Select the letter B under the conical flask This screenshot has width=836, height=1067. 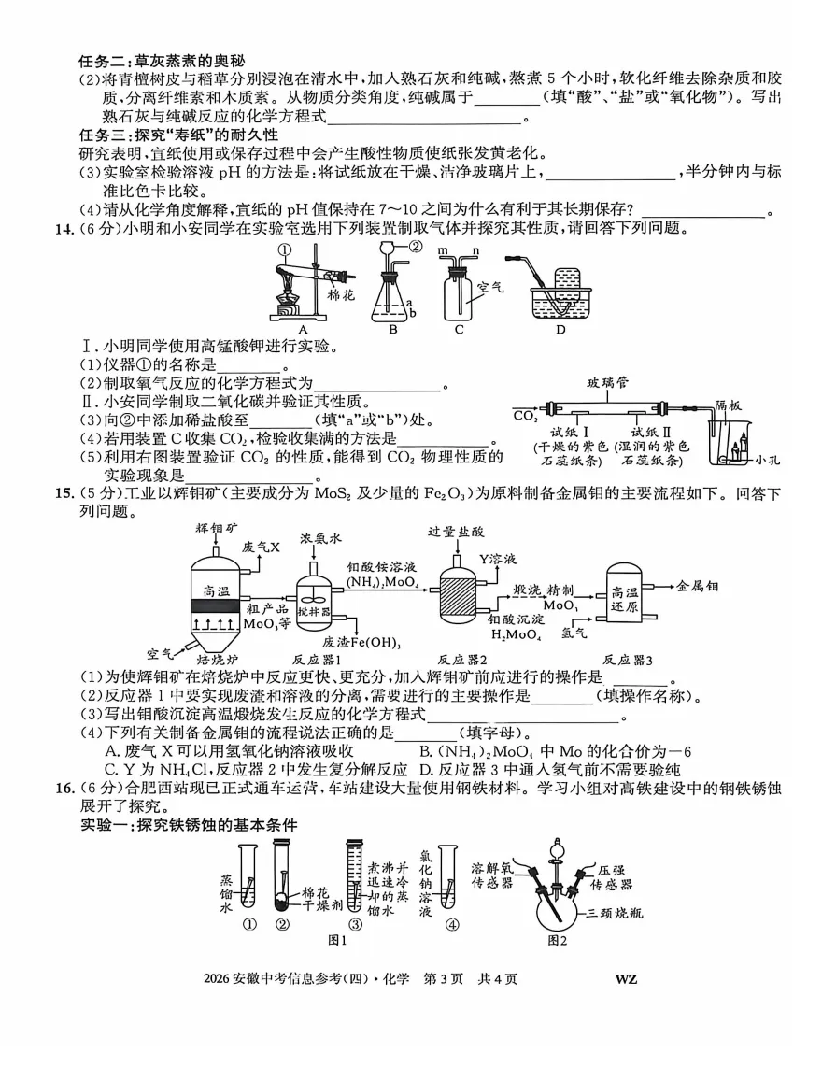tap(393, 328)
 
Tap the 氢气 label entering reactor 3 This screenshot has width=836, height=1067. tap(574, 633)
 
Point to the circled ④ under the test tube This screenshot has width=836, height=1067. tap(452, 925)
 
